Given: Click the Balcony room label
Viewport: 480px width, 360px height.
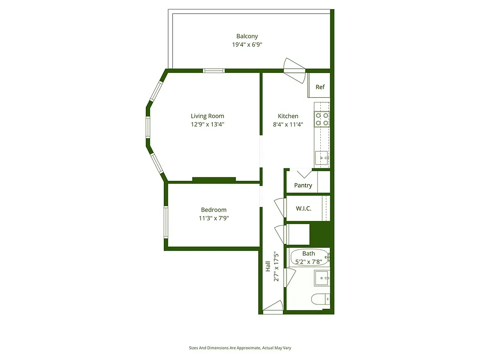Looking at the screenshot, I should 247,36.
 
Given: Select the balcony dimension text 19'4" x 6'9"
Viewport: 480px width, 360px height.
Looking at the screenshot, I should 247,45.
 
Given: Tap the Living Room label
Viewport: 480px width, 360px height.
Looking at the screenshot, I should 207,116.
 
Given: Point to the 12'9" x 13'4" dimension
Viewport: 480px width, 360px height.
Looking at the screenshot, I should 207,124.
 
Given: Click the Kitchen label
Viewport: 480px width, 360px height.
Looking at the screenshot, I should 288,116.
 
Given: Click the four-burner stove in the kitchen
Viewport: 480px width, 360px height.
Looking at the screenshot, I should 322,119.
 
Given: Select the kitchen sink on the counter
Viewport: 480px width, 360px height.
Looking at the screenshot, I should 322,157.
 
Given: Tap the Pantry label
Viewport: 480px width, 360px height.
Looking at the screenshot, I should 303,185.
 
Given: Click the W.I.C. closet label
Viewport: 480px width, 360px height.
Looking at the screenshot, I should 304,209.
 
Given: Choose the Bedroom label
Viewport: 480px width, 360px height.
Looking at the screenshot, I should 214,210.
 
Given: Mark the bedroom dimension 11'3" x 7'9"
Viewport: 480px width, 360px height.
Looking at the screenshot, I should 214,218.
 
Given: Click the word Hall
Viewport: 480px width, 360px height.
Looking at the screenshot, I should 268,266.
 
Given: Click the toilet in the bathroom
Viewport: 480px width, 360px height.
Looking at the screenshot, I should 321,298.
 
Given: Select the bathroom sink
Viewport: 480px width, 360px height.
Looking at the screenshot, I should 322,278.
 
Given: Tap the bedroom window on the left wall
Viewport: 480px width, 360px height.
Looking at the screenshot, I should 166,221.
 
